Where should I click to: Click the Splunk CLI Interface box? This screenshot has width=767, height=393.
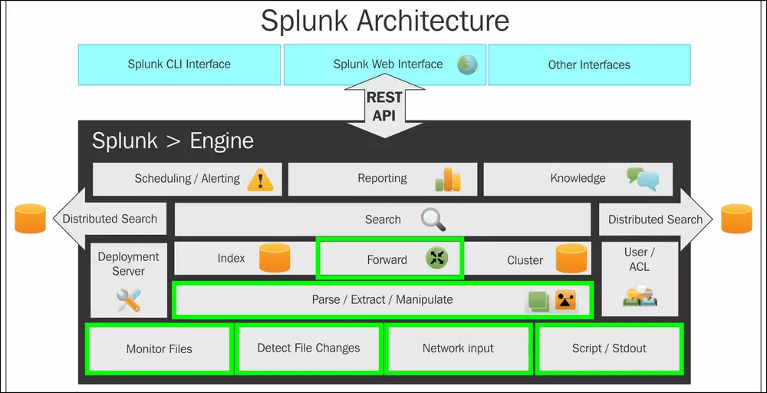tap(179, 64)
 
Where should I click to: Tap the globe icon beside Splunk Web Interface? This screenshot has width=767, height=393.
tap(467, 64)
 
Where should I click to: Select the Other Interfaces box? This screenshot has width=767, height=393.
tap(589, 64)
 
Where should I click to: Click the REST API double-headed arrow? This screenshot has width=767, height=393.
tap(384, 107)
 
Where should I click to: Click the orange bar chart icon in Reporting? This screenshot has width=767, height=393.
tap(448, 179)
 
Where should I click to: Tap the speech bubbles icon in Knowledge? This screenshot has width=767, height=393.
tap(643, 179)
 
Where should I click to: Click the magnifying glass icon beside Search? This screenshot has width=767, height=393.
tap(433, 220)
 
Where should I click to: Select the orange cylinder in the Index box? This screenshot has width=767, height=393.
tap(275, 259)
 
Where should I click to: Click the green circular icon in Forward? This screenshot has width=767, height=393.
tap(437, 259)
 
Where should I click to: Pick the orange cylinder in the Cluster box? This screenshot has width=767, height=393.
tap(571, 259)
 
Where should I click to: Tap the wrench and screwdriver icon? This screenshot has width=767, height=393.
tap(129, 299)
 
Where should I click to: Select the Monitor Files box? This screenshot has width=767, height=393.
tap(159, 348)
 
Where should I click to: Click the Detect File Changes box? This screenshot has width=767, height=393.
tap(308, 348)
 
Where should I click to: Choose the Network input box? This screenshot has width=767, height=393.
tap(458, 348)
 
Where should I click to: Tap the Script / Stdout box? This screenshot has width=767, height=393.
tap(609, 348)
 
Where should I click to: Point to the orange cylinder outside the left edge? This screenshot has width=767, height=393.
tap(31, 219)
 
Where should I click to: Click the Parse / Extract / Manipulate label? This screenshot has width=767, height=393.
tap(382, 299)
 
